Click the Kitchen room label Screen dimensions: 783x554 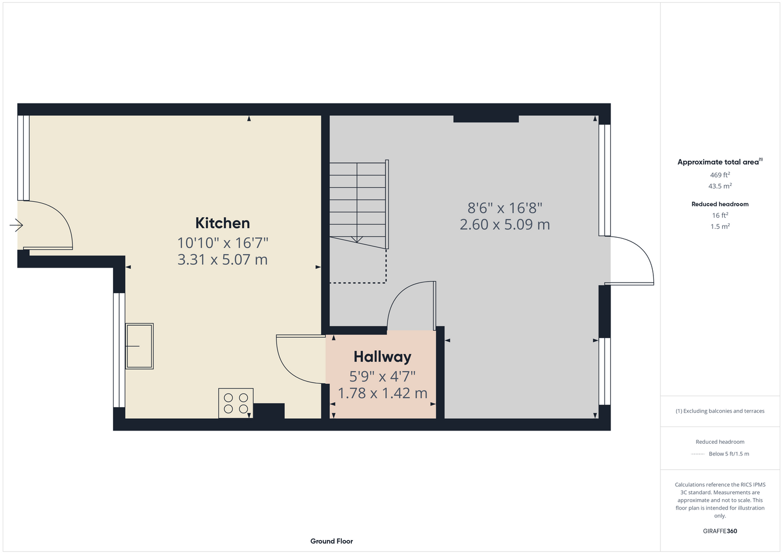pyautogui.click(x=223, y=223)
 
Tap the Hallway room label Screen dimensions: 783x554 pyautogui.click(x=382, y=357)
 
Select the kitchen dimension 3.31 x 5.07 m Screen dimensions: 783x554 pyautogui.click(x=223, y=260)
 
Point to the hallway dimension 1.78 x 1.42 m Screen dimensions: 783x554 pyautogui.click(x=382, y=393)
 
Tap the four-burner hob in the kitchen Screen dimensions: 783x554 pyautogui.click(x=236, y=403)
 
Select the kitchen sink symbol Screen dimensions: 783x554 pyautogui.click(x=140, y=346)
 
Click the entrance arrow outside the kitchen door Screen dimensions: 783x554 pyautogui.click(x=16, y=225)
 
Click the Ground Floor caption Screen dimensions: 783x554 pyautogui.click(x=332, y=541)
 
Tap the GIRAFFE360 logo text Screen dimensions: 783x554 pyautogui.click(x=720, y=531)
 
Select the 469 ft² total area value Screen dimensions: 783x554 pyautogui.click(x=720, y=175)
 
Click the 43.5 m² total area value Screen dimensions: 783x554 pyautogui.click(x=720, y=186)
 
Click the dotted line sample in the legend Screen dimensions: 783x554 pyautogui.click(x=698, y=454)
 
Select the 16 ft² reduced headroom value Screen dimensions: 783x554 pyautogui.click(x=720, y=216)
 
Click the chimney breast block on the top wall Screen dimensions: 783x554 pyautogui.click(x=486, y=119)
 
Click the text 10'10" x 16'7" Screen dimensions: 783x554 pyautogui.click(x=223, y=243)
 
